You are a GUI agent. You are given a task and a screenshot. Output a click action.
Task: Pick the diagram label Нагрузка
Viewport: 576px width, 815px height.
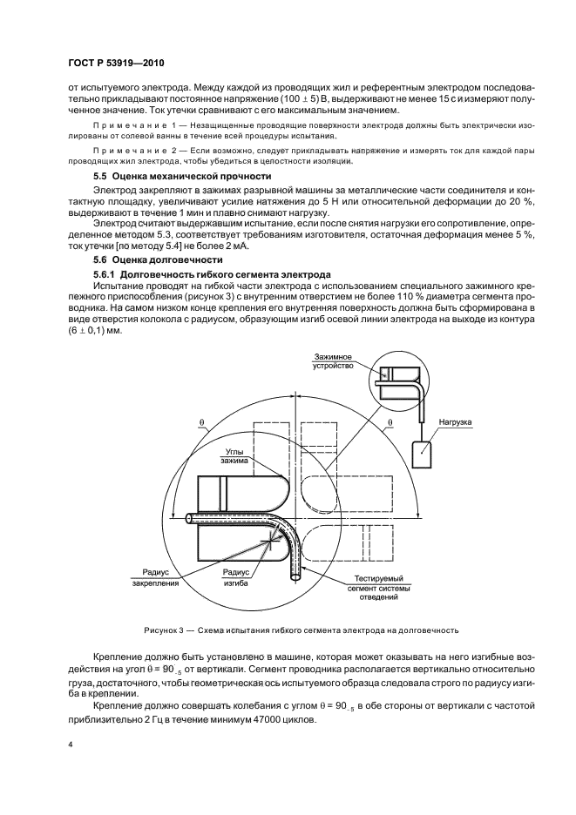point(453,422)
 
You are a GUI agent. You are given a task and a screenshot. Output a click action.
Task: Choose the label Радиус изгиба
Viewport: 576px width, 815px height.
point(235,577)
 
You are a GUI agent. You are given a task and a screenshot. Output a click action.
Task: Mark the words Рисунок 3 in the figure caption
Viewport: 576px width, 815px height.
point(164,630)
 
